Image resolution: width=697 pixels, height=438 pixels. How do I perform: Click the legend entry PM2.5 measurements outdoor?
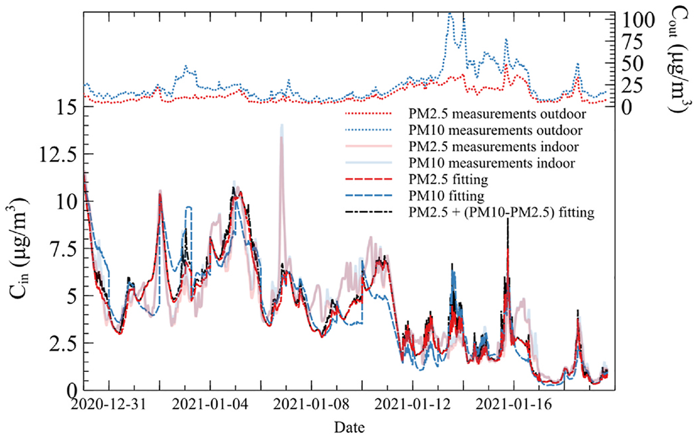click(497, 114)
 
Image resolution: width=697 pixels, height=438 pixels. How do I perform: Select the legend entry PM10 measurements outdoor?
click(495, 130)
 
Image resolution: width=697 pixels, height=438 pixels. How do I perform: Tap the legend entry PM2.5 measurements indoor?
click(494, 147)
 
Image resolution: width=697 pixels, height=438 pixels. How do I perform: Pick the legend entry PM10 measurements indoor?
click(492, 163)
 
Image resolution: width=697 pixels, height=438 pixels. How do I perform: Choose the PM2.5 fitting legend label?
click(448, 179)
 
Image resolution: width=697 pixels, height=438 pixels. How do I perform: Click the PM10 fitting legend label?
click(446, 196)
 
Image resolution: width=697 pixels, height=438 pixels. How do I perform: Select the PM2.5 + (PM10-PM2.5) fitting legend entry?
click(501, 212)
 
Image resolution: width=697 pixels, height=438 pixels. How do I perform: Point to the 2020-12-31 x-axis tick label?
click(109, 404)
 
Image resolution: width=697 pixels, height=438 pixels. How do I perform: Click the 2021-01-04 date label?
click(210, 404)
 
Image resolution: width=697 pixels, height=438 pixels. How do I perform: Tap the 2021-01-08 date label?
click(311, 404)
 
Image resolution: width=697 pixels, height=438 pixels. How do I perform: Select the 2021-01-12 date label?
click(412, 404)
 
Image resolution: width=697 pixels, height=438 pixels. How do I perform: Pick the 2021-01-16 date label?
click(513, 404)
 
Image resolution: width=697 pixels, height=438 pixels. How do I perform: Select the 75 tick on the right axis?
click(632, 42)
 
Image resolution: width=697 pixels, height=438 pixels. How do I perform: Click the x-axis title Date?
click(349, 427)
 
